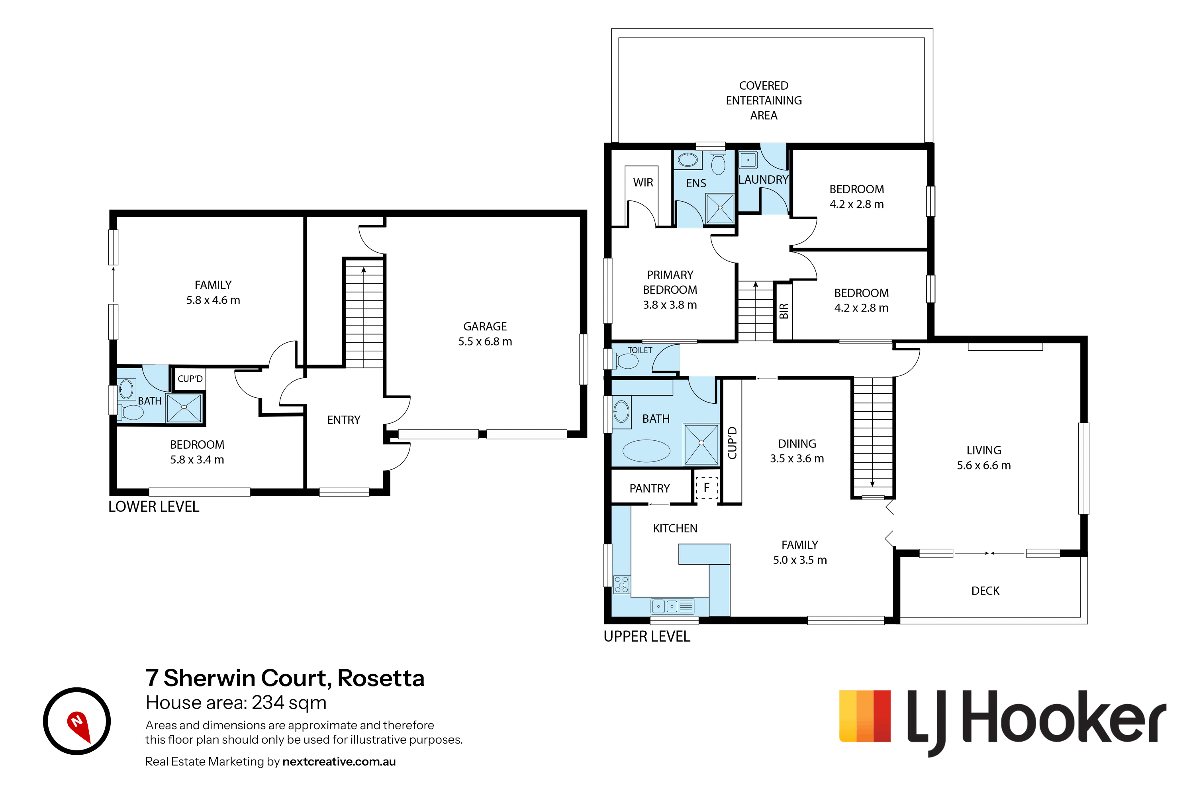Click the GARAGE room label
pyautogui.click(x=485, y=326)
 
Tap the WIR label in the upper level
pyautogui.click(x=643, y=183)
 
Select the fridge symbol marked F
pyautogui.click(x=706, y=488)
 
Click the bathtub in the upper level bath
pyautogui.click(x=646, y=451)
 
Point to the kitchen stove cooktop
pyautogui.click(x=622, y=585)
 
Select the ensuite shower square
pyautogui.click(x=720, y=208)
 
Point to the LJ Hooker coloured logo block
pyautogui.click(x=865, y=716)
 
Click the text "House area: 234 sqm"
pyautogui.click(x=236, y=703)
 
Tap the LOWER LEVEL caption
pyautogui.click(x=153, y=507)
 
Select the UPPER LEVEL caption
pyautogui.click(x=647, y=636)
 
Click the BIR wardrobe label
pyautogui.click(x=784, y=311)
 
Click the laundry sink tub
pyautogui.click(x=748, y=160)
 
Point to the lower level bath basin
pyautogui.click(x=126, y=390)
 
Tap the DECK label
pyautogui.click(x=985, y=591)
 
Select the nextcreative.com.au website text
pyautogui.click(x=339, y=762)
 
